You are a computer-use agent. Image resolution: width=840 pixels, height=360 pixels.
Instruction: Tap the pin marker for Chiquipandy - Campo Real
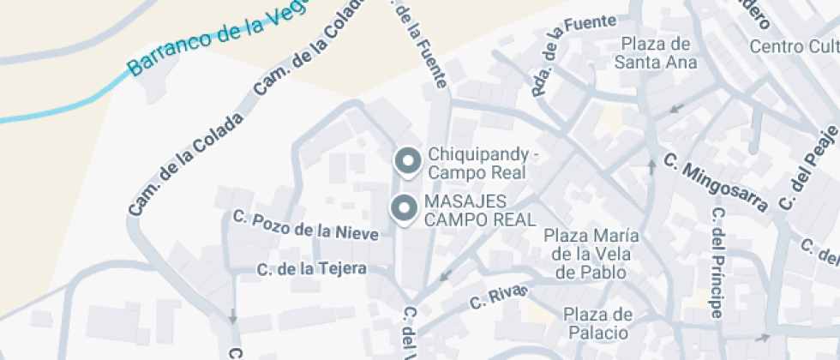407,160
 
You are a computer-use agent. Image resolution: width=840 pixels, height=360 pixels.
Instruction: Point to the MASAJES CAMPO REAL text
477,210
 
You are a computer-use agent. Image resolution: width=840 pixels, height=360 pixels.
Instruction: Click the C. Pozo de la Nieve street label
305,225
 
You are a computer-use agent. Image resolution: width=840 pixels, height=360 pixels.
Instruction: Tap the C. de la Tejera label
312,269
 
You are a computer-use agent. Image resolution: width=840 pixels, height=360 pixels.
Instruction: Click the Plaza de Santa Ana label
656,52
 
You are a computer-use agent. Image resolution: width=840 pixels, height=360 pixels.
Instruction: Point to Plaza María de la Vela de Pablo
590,254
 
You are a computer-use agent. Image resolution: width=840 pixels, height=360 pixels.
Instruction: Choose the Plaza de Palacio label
598,323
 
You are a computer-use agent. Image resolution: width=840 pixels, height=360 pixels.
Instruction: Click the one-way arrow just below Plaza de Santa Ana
677,109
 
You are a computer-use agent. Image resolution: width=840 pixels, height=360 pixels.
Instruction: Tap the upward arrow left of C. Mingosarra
651,166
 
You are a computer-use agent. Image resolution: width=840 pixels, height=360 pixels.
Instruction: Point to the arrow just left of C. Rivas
444,276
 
